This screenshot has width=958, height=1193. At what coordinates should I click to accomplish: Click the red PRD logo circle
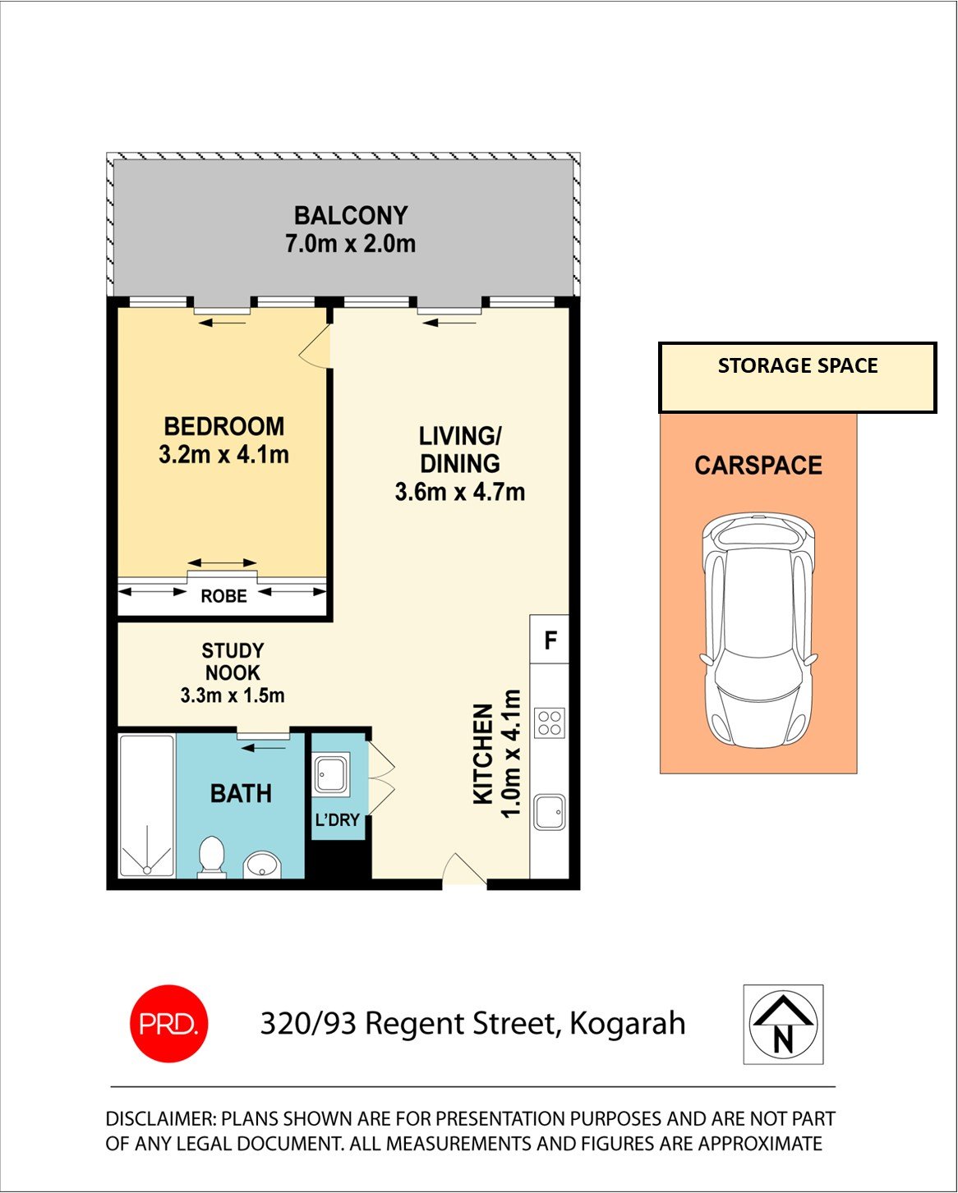168,1024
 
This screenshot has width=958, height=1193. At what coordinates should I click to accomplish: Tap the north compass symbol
783,1025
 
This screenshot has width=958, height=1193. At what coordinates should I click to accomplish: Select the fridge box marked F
550,640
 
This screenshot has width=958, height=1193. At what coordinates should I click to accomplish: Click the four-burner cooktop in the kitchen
549,723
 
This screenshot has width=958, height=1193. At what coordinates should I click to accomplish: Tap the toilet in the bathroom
212,856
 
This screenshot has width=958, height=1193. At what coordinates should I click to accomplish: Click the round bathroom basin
263,865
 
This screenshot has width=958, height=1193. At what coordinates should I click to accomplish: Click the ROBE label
223,596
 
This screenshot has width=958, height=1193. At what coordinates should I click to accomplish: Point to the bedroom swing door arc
316,348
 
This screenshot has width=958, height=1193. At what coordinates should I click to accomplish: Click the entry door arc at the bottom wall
463,870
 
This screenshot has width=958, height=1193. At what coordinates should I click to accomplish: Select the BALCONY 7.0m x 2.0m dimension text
350,244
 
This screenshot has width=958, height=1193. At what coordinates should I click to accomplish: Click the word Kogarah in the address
627,1024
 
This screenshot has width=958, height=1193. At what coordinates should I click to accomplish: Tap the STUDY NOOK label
233,662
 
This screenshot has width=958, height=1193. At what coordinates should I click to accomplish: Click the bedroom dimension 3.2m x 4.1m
223,454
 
